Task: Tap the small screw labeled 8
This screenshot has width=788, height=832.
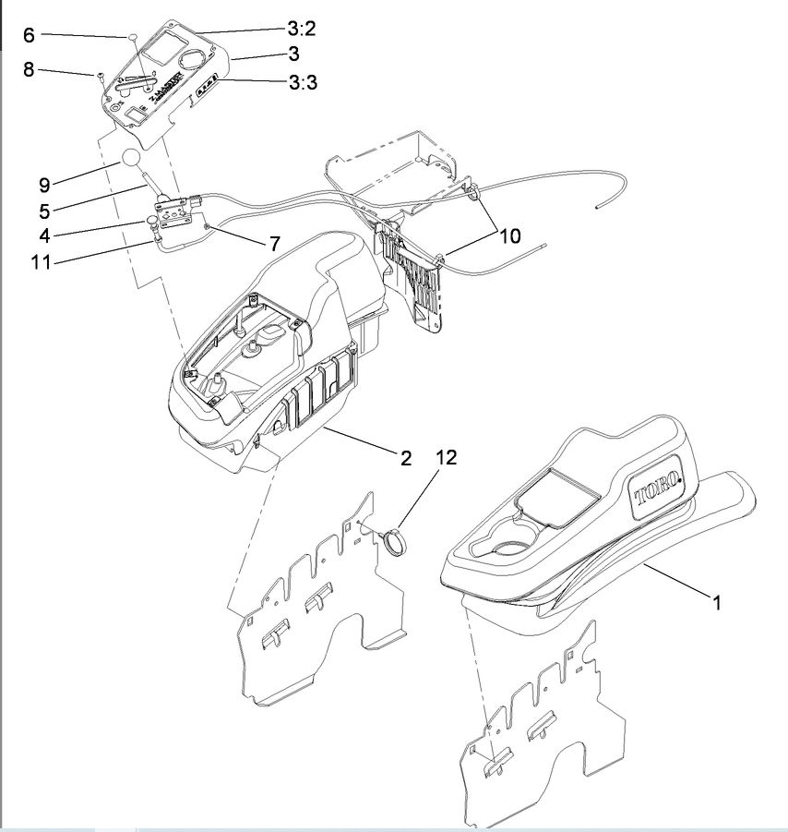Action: coord(97,76)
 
